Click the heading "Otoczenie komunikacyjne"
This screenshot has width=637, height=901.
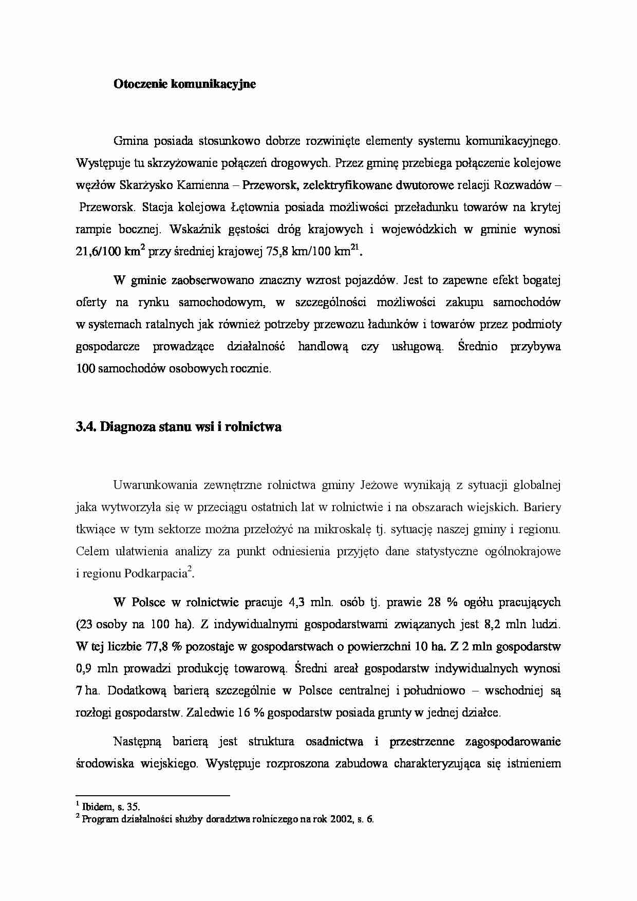pos(184,84)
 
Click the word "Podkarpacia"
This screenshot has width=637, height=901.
pos(155,574)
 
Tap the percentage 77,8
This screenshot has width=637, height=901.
pos(157,646)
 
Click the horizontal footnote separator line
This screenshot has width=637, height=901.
pos(152,796)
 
